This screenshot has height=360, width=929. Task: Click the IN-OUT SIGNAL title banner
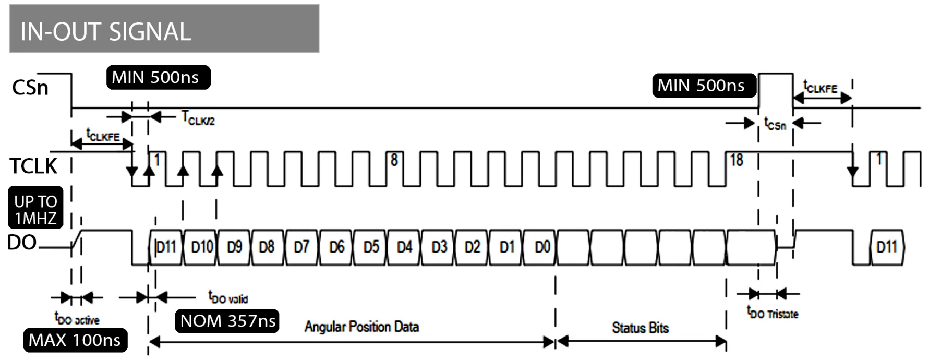coord(164,29)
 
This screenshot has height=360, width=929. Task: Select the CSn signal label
coord(30,88)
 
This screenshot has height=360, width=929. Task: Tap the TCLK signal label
coord(33,166)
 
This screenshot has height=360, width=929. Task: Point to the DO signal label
coord(21,243)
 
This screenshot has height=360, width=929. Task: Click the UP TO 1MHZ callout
coord(35,208)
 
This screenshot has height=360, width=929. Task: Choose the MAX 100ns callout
coord(75,340)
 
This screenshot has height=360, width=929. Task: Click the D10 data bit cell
coord(201,247)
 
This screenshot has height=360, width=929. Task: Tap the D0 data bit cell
coord(542,247)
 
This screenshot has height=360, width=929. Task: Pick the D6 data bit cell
coord(336,247)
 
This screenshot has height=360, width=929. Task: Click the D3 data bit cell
coord(439,247)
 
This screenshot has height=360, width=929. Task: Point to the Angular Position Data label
coord(361,327)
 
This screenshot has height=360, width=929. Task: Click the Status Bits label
coord(640,328)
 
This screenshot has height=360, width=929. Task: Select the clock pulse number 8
coord(394,160)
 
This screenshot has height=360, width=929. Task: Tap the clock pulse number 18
coord(737,160)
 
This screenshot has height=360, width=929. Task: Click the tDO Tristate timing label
coord(773,313)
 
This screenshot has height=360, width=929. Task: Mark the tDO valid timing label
coord(228,297)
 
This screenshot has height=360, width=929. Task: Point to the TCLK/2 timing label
coord(198,118)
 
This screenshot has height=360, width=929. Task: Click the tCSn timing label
coord(775,124)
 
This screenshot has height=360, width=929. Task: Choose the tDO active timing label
coord(77,318)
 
